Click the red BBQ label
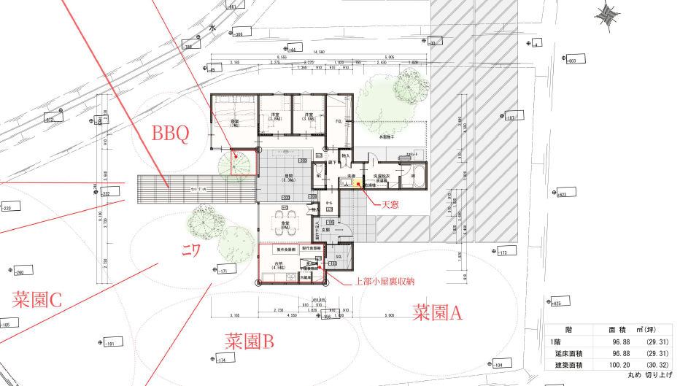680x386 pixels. click(x=170, y=134)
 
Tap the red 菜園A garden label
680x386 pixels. click(x=438, y=312)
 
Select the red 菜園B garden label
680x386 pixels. click(x=249, y=341)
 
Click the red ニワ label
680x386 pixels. click(x=191, y=250)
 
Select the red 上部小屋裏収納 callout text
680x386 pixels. click(x=384, y=281)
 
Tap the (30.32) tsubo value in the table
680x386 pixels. click(x=656, y=365)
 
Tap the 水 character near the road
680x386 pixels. click(x=213, y=28)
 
